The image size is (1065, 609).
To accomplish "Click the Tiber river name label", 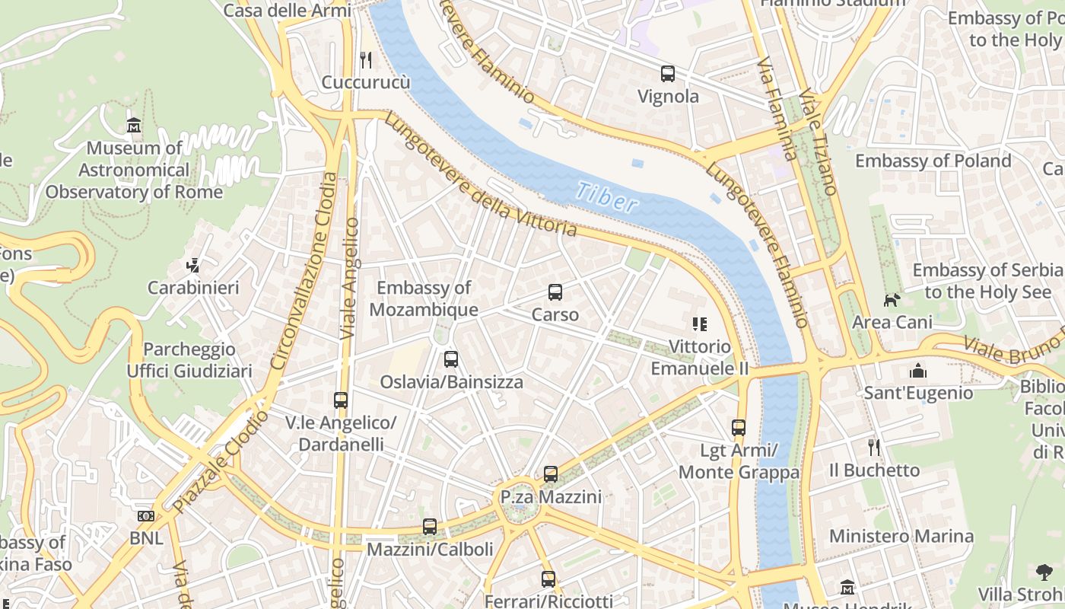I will [606, 197].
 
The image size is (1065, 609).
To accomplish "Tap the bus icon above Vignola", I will [668, 74].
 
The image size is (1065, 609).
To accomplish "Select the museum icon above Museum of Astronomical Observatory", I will [134, 125].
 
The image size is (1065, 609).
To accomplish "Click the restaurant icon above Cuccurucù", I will [366, 59].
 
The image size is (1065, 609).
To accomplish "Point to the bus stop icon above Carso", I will [555, 292].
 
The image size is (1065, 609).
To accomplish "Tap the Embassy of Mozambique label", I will [424, 298].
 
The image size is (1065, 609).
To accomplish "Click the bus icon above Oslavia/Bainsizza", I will [451, 359].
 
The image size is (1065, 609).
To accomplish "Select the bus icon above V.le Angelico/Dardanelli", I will [341, 400].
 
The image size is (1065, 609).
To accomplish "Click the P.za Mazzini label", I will [551, 497].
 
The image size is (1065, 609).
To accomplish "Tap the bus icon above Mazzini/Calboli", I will [430, 527].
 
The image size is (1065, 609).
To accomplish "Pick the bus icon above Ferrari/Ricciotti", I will [548, 579].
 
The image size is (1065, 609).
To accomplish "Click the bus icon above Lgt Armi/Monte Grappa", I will [739, 428].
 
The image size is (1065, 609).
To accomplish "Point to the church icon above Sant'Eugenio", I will [918, 371].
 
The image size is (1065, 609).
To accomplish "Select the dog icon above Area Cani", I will [892, 300].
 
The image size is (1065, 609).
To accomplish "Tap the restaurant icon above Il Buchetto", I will [874, 448].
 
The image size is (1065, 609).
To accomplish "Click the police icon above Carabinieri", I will [193, 266].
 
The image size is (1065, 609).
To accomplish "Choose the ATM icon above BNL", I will [146, 516].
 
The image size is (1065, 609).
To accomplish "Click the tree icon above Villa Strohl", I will [1044, 572].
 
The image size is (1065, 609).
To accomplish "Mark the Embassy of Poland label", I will [933, 161].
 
